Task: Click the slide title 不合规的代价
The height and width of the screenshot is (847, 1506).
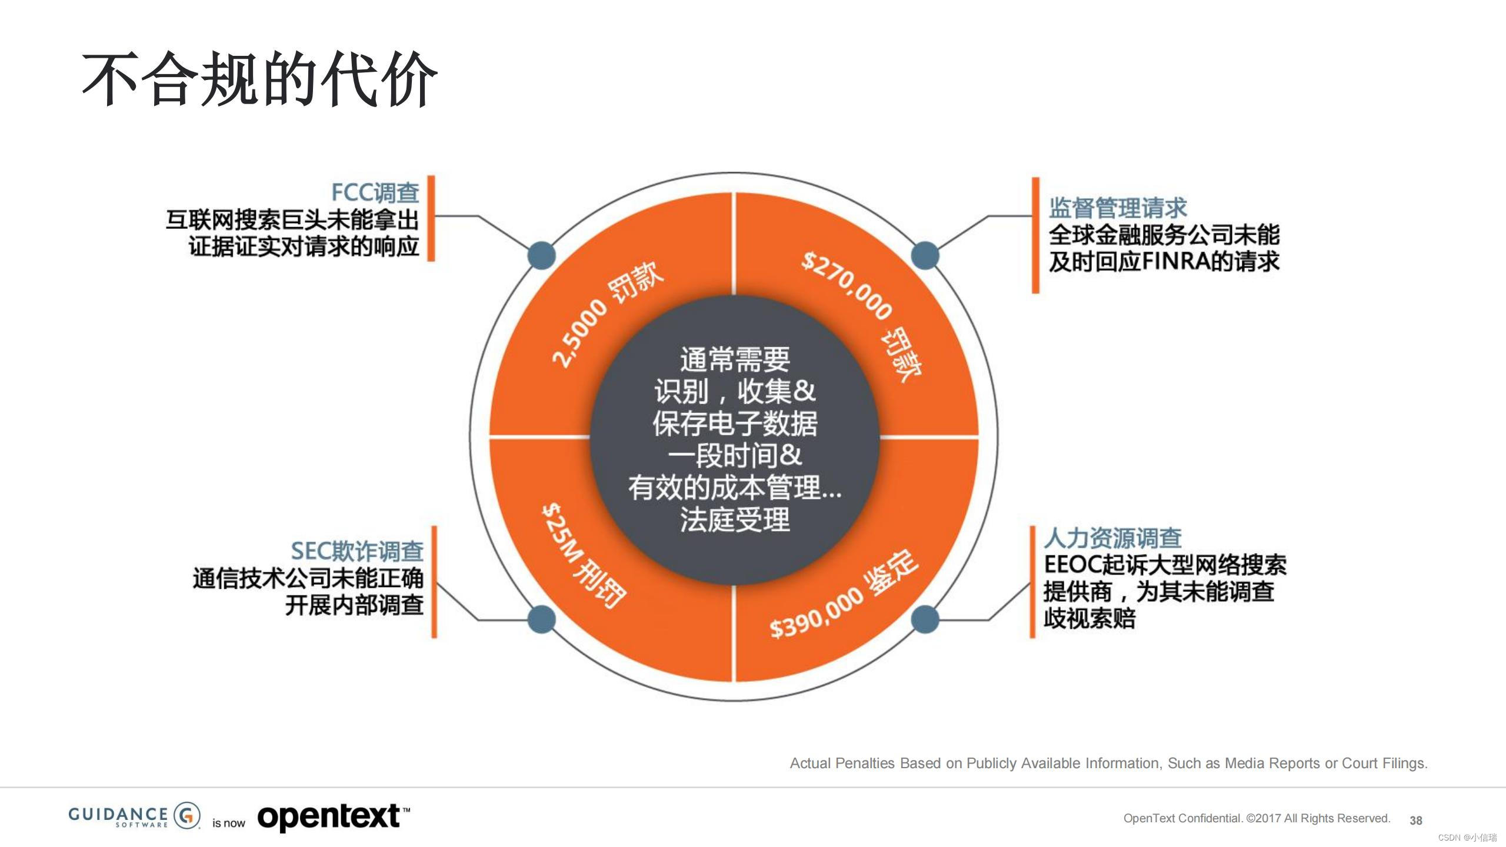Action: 259,79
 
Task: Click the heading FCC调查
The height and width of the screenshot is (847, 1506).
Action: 375,192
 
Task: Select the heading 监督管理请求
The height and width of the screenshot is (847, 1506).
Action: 1118,208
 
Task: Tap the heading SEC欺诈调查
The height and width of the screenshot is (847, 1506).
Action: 357,551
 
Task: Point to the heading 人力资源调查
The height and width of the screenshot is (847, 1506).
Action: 1112,538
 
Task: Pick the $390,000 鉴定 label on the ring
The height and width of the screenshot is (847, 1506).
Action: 844,594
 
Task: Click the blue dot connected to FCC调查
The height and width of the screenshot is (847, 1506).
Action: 541,255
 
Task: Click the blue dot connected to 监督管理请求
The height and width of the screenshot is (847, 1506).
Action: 925,255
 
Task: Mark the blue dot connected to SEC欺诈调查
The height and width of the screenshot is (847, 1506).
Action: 541,619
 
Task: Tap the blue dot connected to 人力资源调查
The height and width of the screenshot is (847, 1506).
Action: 925,619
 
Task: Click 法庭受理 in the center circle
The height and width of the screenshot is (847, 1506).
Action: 735,519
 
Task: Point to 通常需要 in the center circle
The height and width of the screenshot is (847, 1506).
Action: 735,359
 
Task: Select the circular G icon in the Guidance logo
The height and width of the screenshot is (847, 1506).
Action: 188,815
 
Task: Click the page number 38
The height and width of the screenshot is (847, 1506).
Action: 1416,820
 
